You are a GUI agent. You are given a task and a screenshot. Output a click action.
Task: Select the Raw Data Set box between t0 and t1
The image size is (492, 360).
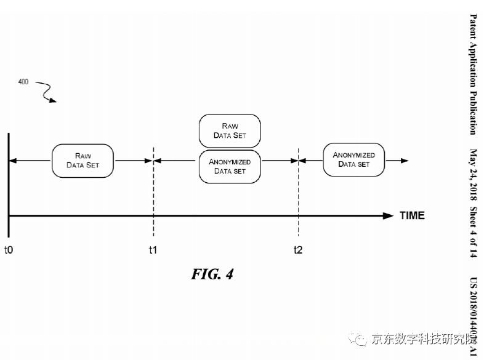83,160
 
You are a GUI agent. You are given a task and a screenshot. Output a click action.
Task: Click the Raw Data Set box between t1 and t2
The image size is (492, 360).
230,130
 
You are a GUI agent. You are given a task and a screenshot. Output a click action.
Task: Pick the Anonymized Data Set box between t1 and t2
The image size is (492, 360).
230,166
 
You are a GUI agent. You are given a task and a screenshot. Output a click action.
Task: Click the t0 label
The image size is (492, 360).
9,250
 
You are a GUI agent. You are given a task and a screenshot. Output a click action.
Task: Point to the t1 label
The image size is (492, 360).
153,250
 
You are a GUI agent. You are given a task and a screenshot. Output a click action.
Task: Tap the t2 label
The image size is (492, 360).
298,250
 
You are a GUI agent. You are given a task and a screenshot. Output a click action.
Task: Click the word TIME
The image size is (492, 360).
412,215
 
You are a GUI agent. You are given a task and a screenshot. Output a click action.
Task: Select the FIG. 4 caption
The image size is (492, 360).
211,274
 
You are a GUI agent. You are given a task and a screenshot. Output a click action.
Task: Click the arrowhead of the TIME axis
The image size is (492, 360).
388,215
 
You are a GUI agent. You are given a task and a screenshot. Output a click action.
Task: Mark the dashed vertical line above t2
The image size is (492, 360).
298,191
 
